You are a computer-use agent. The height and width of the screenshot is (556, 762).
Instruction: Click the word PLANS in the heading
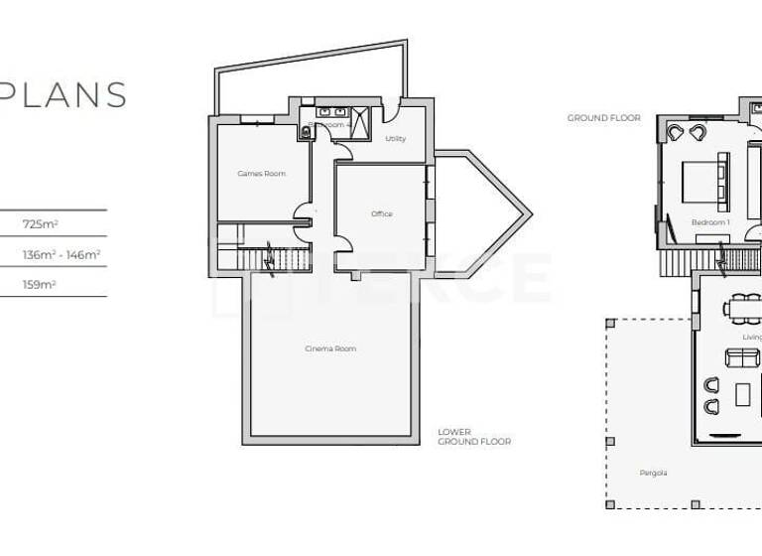[63, 94]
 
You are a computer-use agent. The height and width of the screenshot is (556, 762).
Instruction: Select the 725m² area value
[40, 224]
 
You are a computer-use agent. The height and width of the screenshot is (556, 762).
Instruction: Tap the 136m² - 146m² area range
[62, 254]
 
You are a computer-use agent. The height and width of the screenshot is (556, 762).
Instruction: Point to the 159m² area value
[40, 284]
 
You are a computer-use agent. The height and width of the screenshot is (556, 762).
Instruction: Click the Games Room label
[261, 174]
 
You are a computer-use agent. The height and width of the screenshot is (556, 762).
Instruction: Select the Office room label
[382, 214]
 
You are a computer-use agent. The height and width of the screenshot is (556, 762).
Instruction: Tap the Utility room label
[395, 139]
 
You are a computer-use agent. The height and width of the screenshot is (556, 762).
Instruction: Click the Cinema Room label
[330, 348]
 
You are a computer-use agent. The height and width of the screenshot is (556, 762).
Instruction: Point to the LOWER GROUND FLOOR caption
[474, 437]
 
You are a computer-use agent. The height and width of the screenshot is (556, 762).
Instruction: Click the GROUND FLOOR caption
[603, 118]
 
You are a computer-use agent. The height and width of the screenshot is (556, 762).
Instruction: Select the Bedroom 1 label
[710, 223]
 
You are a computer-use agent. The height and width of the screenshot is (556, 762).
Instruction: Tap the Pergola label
[653, 473]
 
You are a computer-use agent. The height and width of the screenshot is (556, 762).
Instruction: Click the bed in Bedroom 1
[705, 183]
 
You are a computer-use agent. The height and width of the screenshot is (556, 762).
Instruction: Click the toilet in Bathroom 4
[305, 133]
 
